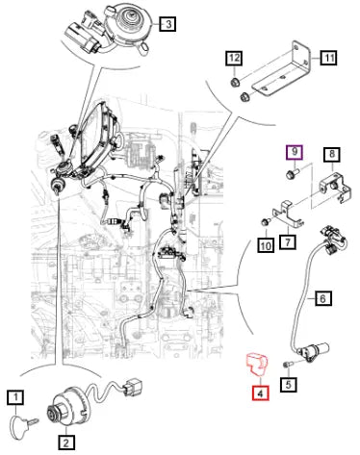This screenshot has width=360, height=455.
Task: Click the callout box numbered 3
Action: [x=167, y=23]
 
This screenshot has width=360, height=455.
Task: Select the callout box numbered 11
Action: [x=328, y=58]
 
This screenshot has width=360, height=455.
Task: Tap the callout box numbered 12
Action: [x=234, y=58]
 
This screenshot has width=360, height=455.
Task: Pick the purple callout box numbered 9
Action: [x=295, y=152]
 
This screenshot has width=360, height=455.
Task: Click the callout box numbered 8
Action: [x=332, y=155]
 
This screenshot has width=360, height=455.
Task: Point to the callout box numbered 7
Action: [x=288, y=241]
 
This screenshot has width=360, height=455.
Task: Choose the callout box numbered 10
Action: [x=266, y=245]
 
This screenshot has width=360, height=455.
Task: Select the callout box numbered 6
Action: [x=322, y=298]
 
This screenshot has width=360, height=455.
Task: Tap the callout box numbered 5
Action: [x=289, y=384]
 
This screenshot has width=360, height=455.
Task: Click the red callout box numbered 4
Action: [x=261, y=392]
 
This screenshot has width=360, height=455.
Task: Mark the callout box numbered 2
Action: [x=66, y=442]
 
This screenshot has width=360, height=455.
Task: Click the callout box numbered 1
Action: [x=15, y=398]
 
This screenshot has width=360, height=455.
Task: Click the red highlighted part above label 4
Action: [x=257, y=364]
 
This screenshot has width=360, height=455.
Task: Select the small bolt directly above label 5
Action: [x=288, y=365]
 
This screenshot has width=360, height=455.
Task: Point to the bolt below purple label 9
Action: [x=292, y=174]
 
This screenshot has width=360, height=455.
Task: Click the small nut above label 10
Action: [x=266, y=221]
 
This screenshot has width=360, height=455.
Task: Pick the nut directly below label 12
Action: [x=235, y=82]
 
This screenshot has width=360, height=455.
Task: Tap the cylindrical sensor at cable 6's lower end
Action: [x=315, y=349]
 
